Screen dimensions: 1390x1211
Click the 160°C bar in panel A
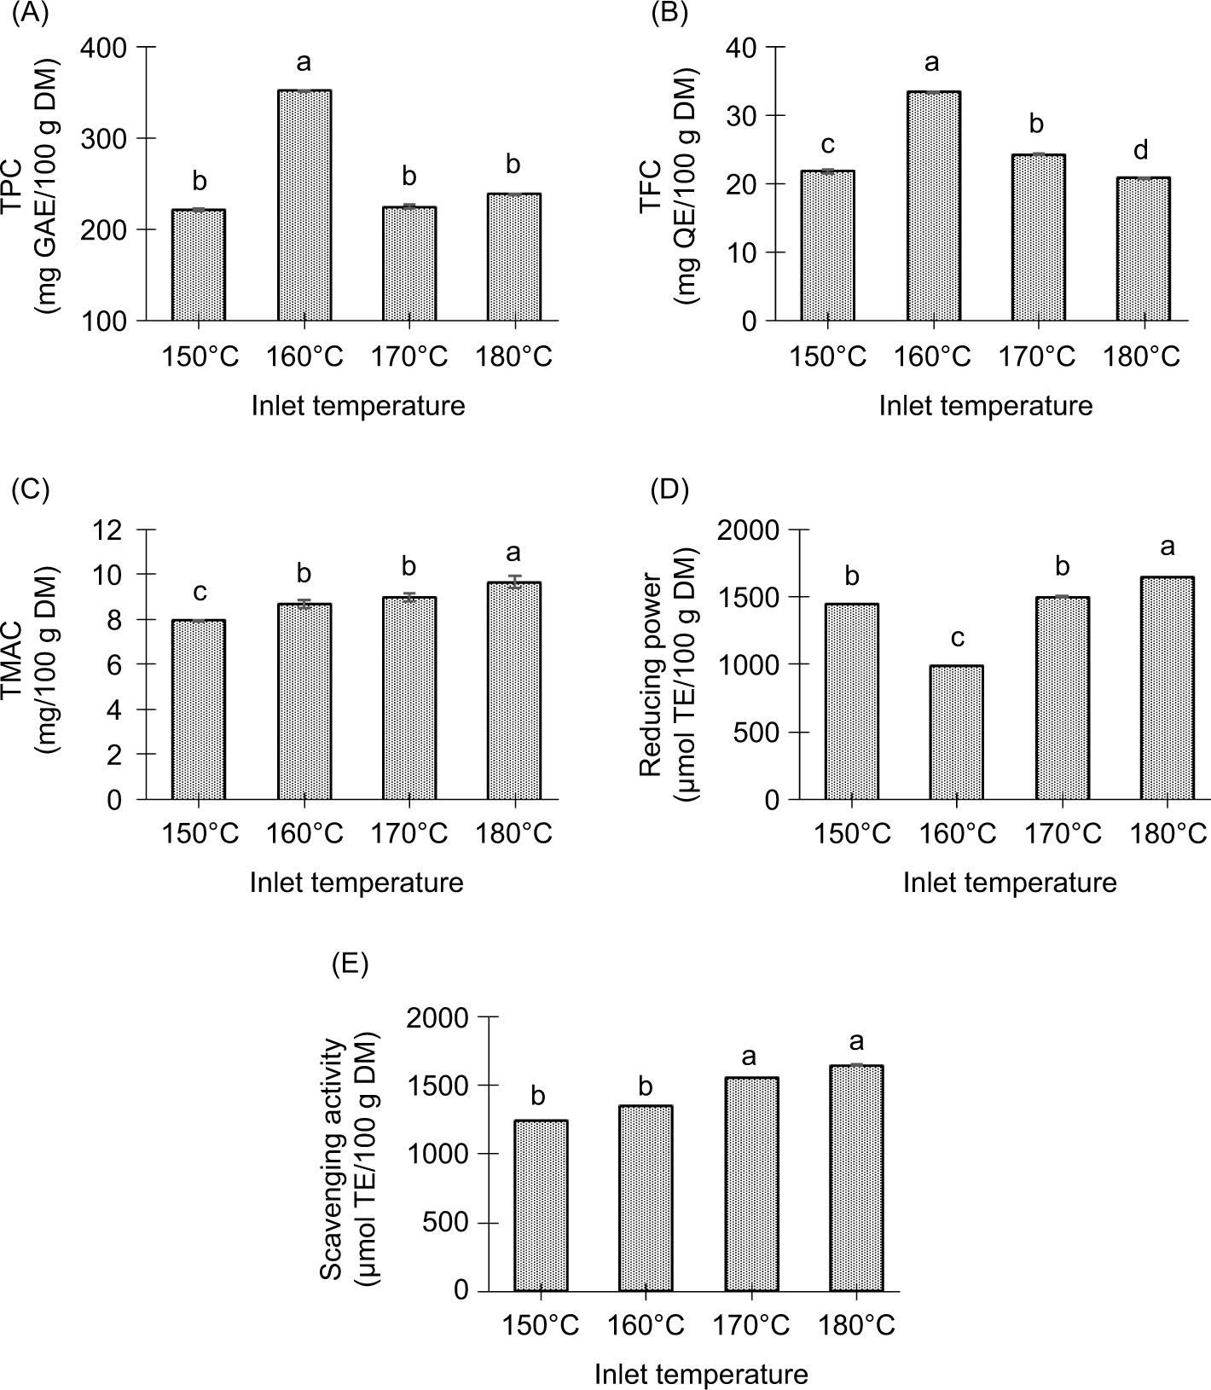[304, 205]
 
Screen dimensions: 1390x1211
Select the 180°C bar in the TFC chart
[1144, 249]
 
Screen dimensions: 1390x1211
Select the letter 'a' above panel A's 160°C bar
[304, 62]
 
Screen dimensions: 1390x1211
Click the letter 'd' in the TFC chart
[1142, 150]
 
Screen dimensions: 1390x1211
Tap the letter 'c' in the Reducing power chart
[957, 638]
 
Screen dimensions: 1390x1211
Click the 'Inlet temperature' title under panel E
[701, 1374]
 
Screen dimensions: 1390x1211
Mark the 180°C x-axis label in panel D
[1168, 833]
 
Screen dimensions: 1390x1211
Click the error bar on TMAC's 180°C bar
[514, 582]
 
